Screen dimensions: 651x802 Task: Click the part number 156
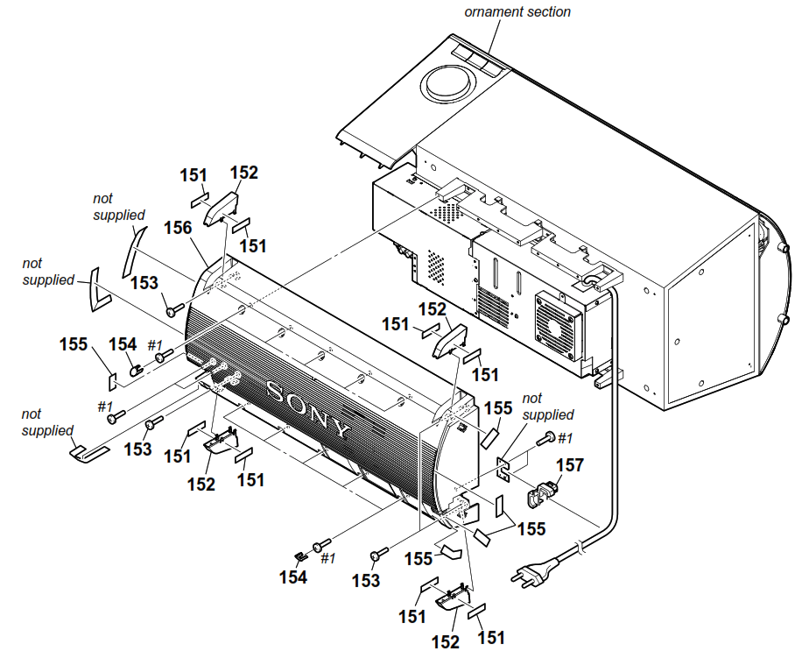[178, 229]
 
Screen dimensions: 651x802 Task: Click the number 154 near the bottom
[293, 577]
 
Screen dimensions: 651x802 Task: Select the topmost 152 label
[244, 173]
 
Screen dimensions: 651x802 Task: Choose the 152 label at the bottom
[446, 641]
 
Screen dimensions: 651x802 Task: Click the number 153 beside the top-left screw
[144, 282]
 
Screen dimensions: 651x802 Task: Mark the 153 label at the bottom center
[366, 579]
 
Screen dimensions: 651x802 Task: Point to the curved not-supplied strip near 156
[130, 249]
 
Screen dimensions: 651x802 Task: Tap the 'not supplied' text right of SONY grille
[547, 407]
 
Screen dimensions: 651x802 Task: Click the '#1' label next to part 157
[564, 437]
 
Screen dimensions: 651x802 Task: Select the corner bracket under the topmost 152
[223, 208]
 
